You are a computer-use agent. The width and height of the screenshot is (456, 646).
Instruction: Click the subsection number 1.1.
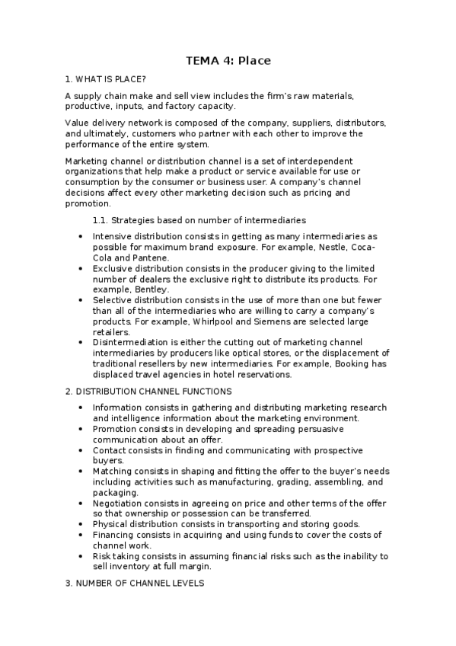click(x=100, y=219)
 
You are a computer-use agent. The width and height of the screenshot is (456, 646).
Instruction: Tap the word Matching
click(x=113, y=471)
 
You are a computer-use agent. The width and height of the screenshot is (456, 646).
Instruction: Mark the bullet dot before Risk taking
click(x=81, y=557)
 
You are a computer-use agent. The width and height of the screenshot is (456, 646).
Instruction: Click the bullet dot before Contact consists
click(x=81, y=450)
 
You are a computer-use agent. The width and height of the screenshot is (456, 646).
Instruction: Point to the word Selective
click(x=113, y=301)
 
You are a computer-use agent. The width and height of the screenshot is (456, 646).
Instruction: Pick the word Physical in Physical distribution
click(x=111, y=524)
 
